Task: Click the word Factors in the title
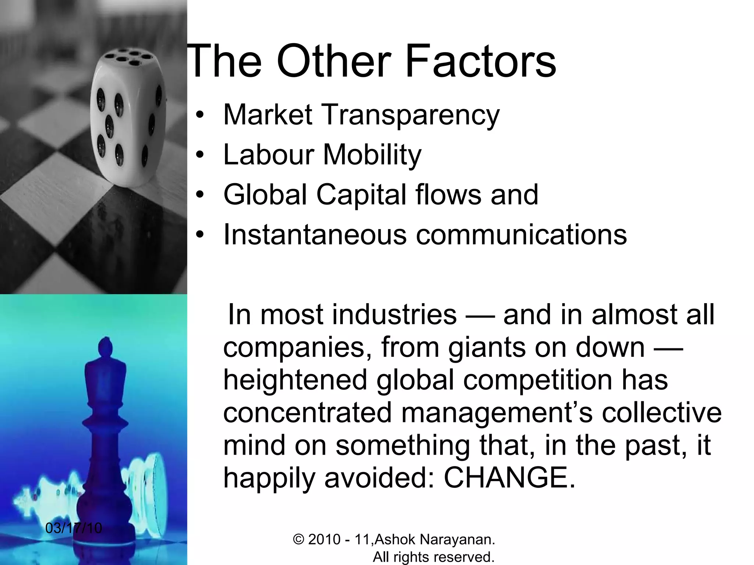coord(480,61)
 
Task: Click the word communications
coord(521,235)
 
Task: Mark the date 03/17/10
coord(74,528)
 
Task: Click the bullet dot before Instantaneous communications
coord(200,235)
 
